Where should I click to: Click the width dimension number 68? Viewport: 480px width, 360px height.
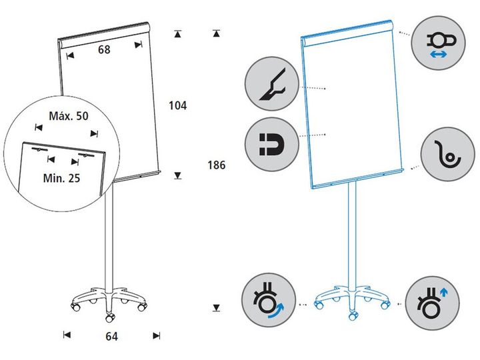tap(103, 49)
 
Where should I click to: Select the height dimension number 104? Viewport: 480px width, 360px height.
tap(177, 105)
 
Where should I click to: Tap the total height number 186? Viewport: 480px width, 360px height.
tap(217, 165)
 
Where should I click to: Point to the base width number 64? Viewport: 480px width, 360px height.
tap(112, 336)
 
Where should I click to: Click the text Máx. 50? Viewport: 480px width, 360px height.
tap(69, 116)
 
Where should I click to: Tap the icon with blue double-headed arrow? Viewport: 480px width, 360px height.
tap(437, 42)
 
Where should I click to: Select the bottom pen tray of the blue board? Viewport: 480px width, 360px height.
tap(358, 180)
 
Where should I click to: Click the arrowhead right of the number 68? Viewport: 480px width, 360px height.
tap(138, 45)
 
